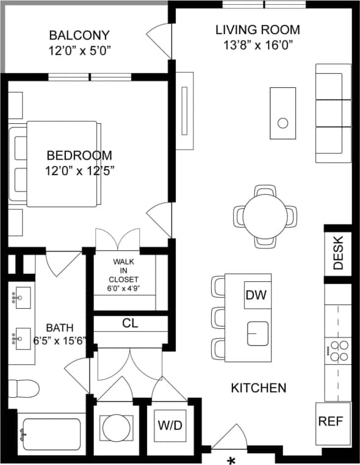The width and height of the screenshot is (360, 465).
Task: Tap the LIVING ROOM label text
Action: pyautogui.click(x=258, y=29)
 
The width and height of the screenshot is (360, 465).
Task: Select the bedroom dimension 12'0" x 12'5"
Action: pyautogui.click(x=79, y=171)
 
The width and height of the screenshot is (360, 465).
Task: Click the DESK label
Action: pyautogui.click(x=339, y=253)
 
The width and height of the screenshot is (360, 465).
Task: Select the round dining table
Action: pyautogui.click(x=265, y=215)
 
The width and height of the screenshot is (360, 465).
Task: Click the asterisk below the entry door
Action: pyautogui.click(x=231, y=460)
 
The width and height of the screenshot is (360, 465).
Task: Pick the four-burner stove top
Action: pyautogui.click(x=338, y=351)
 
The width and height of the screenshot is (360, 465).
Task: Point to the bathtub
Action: pyautogui.click(x=48, y=434)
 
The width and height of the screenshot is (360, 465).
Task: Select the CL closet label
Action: pyautogui.click(x=130, y=323)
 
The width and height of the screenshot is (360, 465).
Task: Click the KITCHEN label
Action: pyautogui.click(x=259, y=387)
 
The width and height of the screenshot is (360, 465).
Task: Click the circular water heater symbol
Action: pyautogui.click(x=113, y=425)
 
